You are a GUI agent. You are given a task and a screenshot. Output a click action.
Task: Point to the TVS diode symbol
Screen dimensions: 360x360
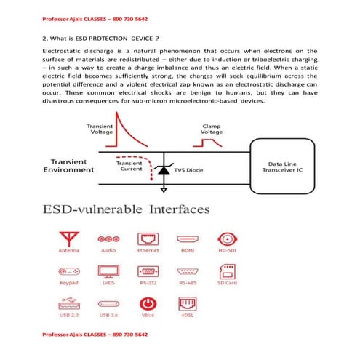click(x=164, y=169)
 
